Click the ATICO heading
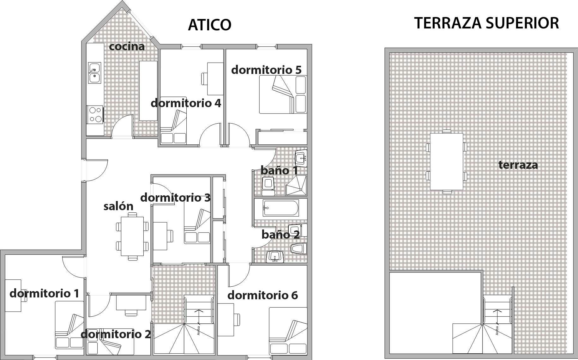[x=210, y=25]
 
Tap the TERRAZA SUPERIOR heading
[x=486, y=23]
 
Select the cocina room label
[x=127, y=46]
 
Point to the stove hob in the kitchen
[x=95, y=114]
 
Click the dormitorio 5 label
[x=266, y=70]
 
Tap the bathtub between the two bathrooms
[x=280, y=208]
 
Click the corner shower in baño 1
[x=296, y=186]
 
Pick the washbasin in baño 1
[x=301, y=158]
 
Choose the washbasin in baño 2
[x=275, y=257]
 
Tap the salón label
[x=118, y=206]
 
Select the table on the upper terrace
[x=446, y=162]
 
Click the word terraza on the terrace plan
[x=518, y=165]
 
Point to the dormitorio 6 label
[x=262, y=295]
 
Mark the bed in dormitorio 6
[x=288, y=331]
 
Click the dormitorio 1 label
[x=44, y=293]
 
